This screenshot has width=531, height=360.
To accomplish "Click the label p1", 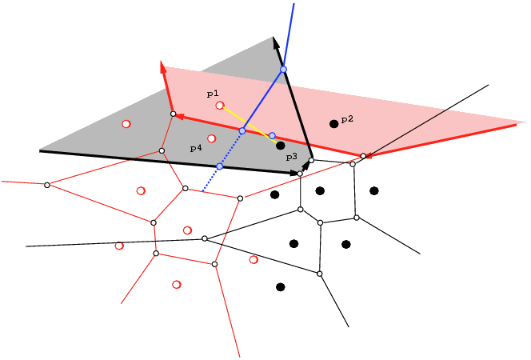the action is tap(213, 94).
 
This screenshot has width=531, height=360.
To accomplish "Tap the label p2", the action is tap(347, 119).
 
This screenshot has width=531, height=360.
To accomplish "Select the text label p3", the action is tap(292, 157).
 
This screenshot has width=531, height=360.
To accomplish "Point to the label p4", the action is tap(196, 148).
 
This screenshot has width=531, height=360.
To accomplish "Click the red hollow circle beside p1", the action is tap(220, 106).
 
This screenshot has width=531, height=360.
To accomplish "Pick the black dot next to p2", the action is tap(334, 124).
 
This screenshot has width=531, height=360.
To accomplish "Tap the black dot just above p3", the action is tap(281, 146).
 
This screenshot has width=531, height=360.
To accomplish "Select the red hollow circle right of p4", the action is tap(212, 138).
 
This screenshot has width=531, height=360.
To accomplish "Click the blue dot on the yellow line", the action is tap(272, 136).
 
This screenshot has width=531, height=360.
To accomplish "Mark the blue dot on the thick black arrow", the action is tap(283, 70).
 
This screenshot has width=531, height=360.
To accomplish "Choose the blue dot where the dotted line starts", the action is tap(220, 166).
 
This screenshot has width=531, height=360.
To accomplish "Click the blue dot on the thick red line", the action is tap(242, 130).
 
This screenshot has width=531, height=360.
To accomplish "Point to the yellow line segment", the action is tap(250, 126).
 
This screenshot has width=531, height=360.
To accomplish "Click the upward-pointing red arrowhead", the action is tap(163, 67).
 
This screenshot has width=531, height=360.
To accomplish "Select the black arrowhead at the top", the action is tap(276, 42).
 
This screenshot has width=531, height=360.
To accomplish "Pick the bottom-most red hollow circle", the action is tap(177, 285).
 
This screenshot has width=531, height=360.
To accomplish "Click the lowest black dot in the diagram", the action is tap(281, 287).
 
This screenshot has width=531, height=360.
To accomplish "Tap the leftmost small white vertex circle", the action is tap(47, 185).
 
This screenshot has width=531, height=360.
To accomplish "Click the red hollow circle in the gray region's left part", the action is tap(126, 124).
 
